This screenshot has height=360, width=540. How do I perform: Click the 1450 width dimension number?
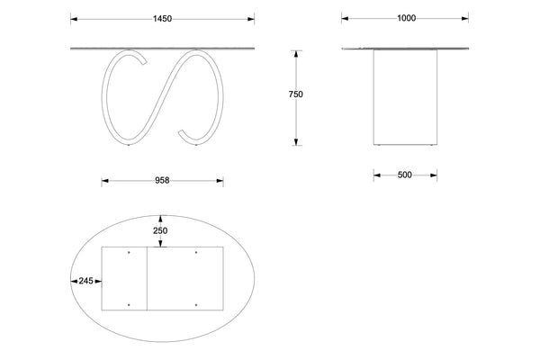(x=162, y=18)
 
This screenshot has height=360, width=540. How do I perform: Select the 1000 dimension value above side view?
(x=405, y=18)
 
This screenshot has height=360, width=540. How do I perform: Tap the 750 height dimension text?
(x=296, y=94)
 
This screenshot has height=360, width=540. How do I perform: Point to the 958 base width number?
(x=162, y=181)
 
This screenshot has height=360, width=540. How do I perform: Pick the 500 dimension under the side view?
(x=404, y=175)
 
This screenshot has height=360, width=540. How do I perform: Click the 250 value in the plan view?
(x=160, y=231)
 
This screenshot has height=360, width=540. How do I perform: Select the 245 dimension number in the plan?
(x=86, y=281)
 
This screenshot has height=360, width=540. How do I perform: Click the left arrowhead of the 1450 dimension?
(x=74, y=18)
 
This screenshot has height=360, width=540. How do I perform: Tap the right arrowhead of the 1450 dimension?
(x=249, y=18)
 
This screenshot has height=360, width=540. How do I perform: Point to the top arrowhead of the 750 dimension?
(x=296, y=53)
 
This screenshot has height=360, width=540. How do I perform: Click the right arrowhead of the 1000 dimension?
(x=465, y=18)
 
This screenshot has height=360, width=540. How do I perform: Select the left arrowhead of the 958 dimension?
(x=104, y=181)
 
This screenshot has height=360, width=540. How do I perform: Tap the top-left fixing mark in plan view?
(x=130, y=252)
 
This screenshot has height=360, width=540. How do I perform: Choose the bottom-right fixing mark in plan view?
(x=196, y=305)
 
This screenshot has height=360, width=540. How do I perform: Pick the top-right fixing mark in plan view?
(x=196, y=252)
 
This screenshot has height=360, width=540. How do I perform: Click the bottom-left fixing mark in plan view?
(x=130, y=305)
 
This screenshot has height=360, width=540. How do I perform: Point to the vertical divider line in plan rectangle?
(x=147, y=279)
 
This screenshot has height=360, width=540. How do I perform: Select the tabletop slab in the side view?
(x=405, y=48)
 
